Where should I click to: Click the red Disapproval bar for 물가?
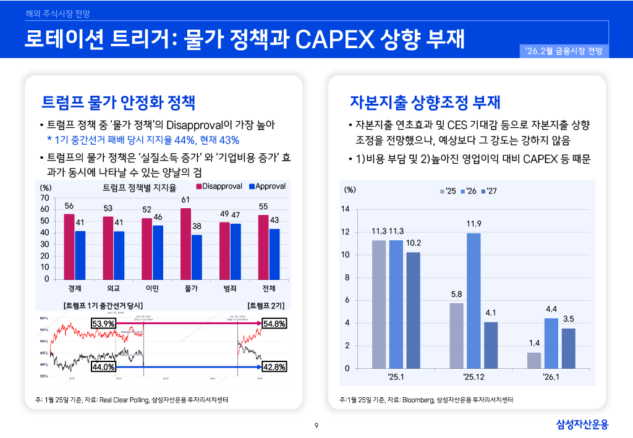click(x=185, y=243)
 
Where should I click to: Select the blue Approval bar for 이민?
click(x=158, y=252)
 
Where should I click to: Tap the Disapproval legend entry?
click(x=219, y=186)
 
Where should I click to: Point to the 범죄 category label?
click(x=230, y=288)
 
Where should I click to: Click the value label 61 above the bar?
click(x=185, y=200)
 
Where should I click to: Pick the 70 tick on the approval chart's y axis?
click(x=45, y=198)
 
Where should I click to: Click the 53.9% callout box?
click(x=103, y=324)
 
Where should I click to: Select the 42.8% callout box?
click(x=274, y=366)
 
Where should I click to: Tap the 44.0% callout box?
click(x=103, y=366)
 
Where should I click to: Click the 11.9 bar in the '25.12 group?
click(x=474, y=300)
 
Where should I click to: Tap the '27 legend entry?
click(x=491, y=191)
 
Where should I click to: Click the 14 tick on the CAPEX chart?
click(x=346, y=209)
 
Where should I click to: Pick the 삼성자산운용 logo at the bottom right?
click(x=582, y=424)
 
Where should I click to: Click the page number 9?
click(x=316, y=425)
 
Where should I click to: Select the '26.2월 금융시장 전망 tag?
click(x=564, y=52)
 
